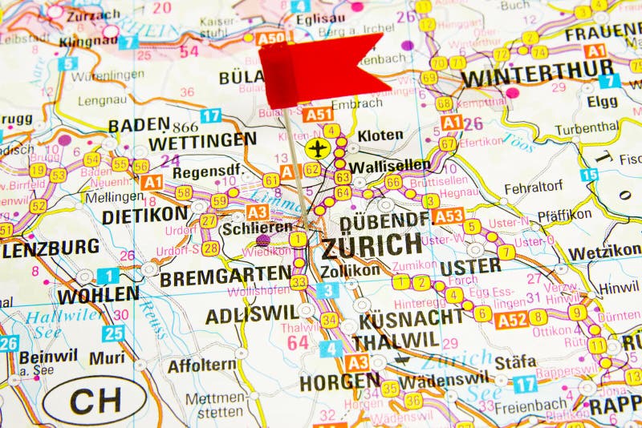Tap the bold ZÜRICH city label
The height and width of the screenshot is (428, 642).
(x=372, y=246)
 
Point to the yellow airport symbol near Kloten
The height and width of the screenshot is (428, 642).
(x=318, y=148)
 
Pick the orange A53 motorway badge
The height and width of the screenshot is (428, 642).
(x=448, y=216)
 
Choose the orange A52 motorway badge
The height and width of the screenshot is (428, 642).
(x=510, y=321)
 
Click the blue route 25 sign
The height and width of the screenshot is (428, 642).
(x=113, y=333)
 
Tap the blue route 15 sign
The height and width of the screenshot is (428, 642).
(x=590, y=175)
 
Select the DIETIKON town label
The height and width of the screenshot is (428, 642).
(x=144, y=216)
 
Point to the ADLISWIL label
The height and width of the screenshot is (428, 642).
(x=251, y=316)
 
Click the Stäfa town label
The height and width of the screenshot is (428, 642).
(x=515, y=361)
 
